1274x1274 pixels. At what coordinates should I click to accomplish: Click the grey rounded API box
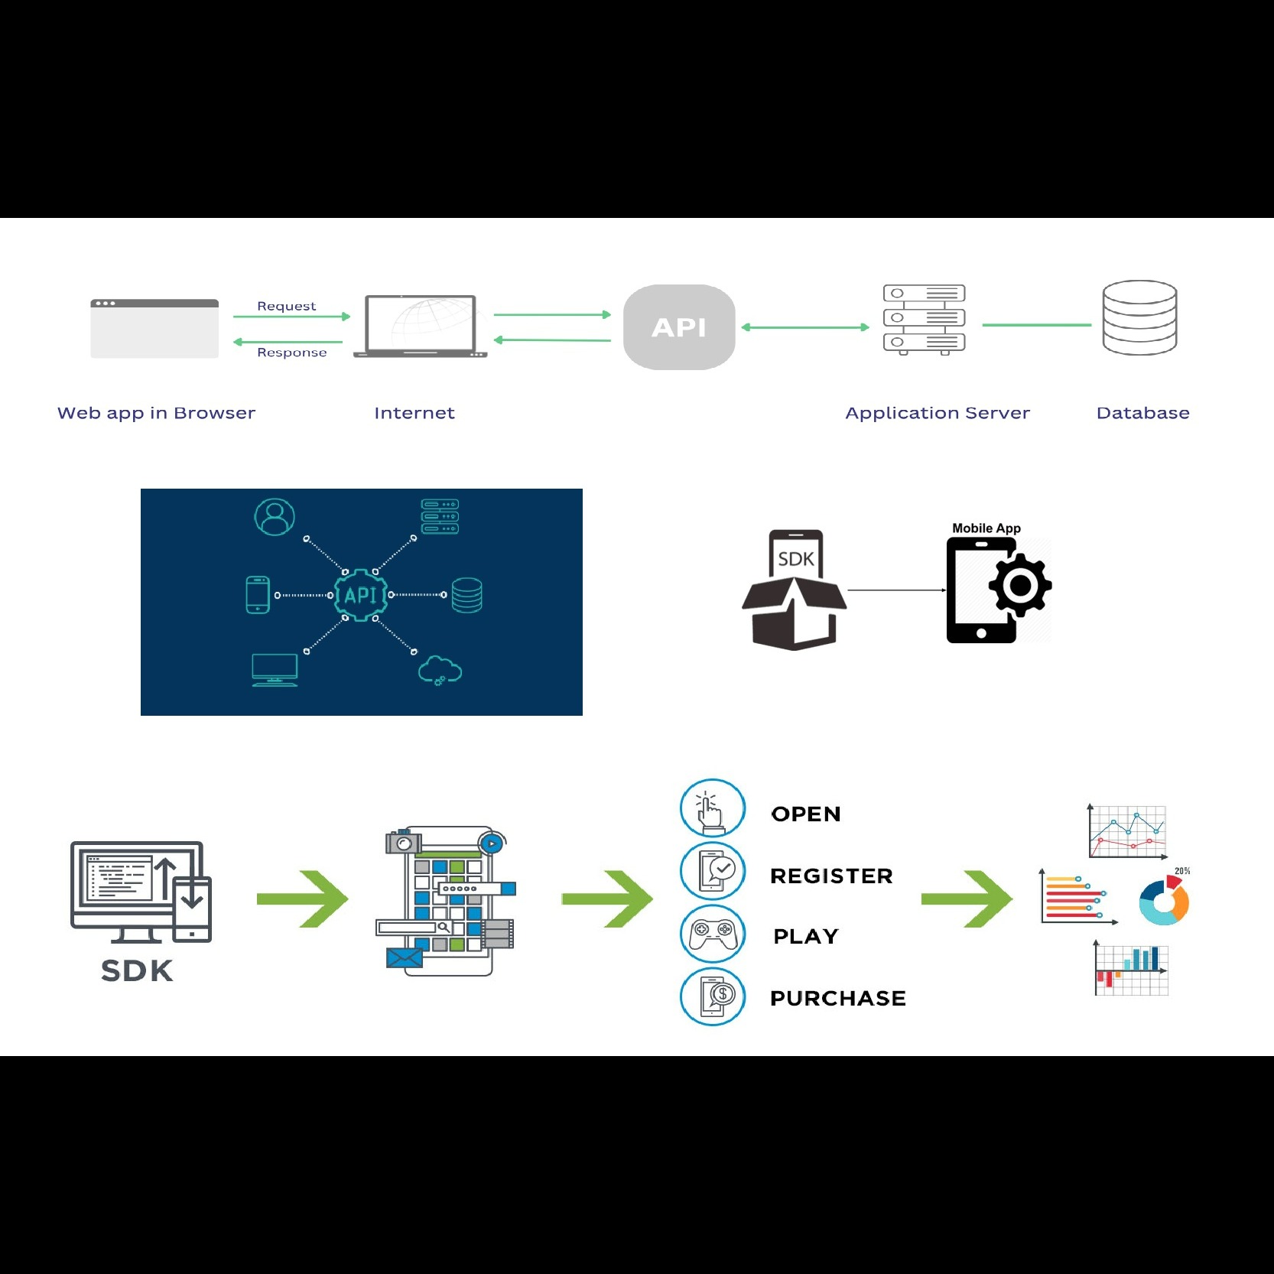pos(679,327)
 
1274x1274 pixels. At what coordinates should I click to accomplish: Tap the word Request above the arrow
pos(287,306)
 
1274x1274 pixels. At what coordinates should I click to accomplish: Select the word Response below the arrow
pos(292,353)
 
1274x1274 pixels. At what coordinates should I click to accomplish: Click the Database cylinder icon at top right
pos(1139,317)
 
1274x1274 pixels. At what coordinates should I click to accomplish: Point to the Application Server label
pos(938,413)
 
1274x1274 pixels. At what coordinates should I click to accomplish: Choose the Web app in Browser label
pos(156,413)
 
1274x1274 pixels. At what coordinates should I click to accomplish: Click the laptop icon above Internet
pos(421,327)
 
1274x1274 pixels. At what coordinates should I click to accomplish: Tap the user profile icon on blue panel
pos(275,517)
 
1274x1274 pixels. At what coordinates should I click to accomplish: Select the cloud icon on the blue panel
pos(440,670)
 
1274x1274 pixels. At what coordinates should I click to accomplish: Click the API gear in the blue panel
pos(361,595)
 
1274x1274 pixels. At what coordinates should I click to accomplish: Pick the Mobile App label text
pos(986,528)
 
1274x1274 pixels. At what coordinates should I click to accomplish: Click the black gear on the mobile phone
pos(1020,586)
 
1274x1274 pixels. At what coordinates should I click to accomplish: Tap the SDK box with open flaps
pos(795,590)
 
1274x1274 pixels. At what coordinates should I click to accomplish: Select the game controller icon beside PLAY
pos(713,934)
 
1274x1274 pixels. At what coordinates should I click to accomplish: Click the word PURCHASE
pos(838,998)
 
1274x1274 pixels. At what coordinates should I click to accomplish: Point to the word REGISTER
pos(831,876)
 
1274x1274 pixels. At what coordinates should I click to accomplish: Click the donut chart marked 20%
pos(1164,901)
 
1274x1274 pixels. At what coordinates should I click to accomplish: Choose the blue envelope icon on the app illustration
pos(405,957)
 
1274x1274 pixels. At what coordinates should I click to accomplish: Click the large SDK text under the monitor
pos(138,970)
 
